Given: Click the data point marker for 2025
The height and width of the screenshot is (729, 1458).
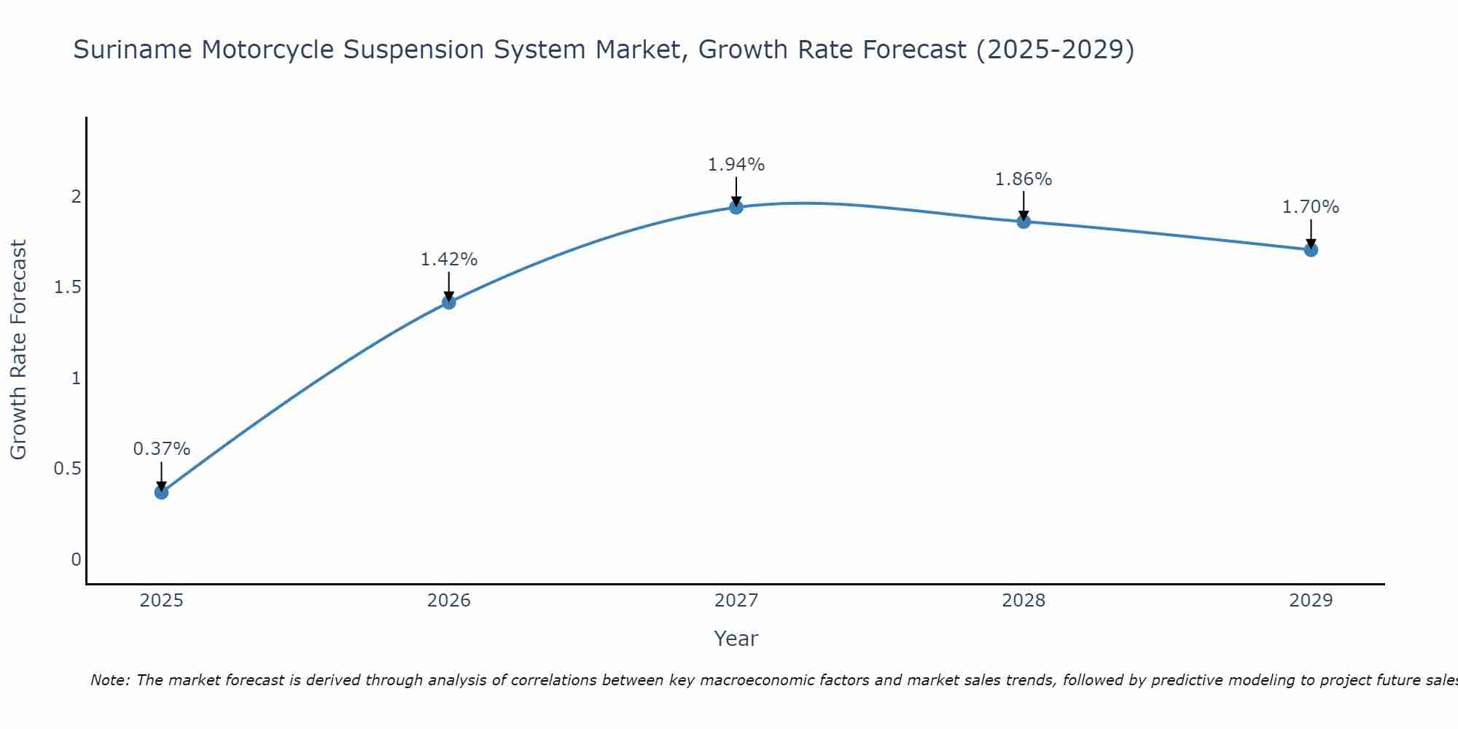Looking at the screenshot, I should (x=161, y=492).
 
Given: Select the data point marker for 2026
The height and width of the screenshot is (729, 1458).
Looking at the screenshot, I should (x=448, y=302).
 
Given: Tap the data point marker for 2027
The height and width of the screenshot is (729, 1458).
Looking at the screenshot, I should (x=736, y=207).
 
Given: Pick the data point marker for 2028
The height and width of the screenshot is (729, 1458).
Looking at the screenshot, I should (x=1024, y=222).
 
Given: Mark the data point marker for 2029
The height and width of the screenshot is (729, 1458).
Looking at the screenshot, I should (x=1311, y=250).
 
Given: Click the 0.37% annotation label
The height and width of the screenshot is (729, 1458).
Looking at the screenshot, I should (x=161, y=449).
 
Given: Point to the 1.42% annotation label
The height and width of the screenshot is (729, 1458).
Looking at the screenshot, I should (x=448, y=260).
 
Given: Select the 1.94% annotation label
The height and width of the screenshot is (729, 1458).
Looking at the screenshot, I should (x=736, y=165).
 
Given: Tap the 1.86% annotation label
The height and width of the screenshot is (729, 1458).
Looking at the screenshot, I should (x=1024, y=179).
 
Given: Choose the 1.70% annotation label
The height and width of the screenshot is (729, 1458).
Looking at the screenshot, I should (x=1311, y=207).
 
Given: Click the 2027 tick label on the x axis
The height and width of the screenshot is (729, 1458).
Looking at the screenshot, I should (x=736, y=601).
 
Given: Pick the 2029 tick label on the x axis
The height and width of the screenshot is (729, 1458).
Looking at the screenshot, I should (x=1311, y=601).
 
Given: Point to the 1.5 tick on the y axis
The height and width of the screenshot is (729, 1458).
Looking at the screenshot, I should (x=68, y=287).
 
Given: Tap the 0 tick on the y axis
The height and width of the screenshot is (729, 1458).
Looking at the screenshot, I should (x=76, y=560).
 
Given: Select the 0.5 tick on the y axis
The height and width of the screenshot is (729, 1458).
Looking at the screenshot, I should (x=68, y=469).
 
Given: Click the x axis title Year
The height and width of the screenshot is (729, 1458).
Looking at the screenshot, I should (x=736, y=639).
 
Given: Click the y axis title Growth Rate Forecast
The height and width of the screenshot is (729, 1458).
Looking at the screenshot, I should (x=18, y=350).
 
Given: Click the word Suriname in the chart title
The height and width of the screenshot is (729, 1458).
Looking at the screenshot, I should (x=133, y=50).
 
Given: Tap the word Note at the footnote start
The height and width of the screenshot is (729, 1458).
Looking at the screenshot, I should (x=109, y=680).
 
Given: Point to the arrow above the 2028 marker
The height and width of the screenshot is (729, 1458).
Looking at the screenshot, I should (x=1024, y=204).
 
